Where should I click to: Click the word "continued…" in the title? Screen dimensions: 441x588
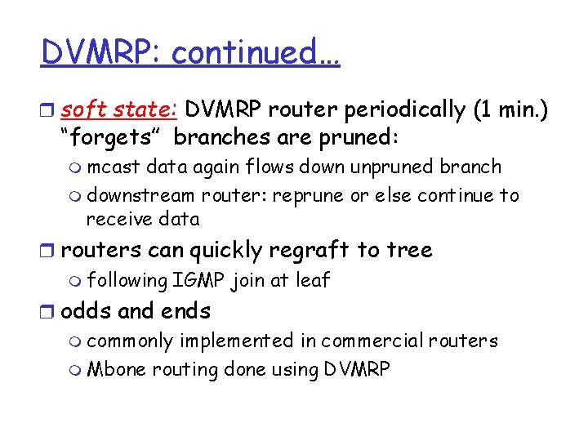pyautogui.click(x=256, y=53)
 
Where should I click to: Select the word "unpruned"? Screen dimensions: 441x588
pyautogui.click(x=390, y=167)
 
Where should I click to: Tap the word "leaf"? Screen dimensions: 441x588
pyautogui.click(x=313, y=280)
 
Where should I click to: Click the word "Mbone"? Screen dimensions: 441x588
pyautogui.click(x=113, y=369)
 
